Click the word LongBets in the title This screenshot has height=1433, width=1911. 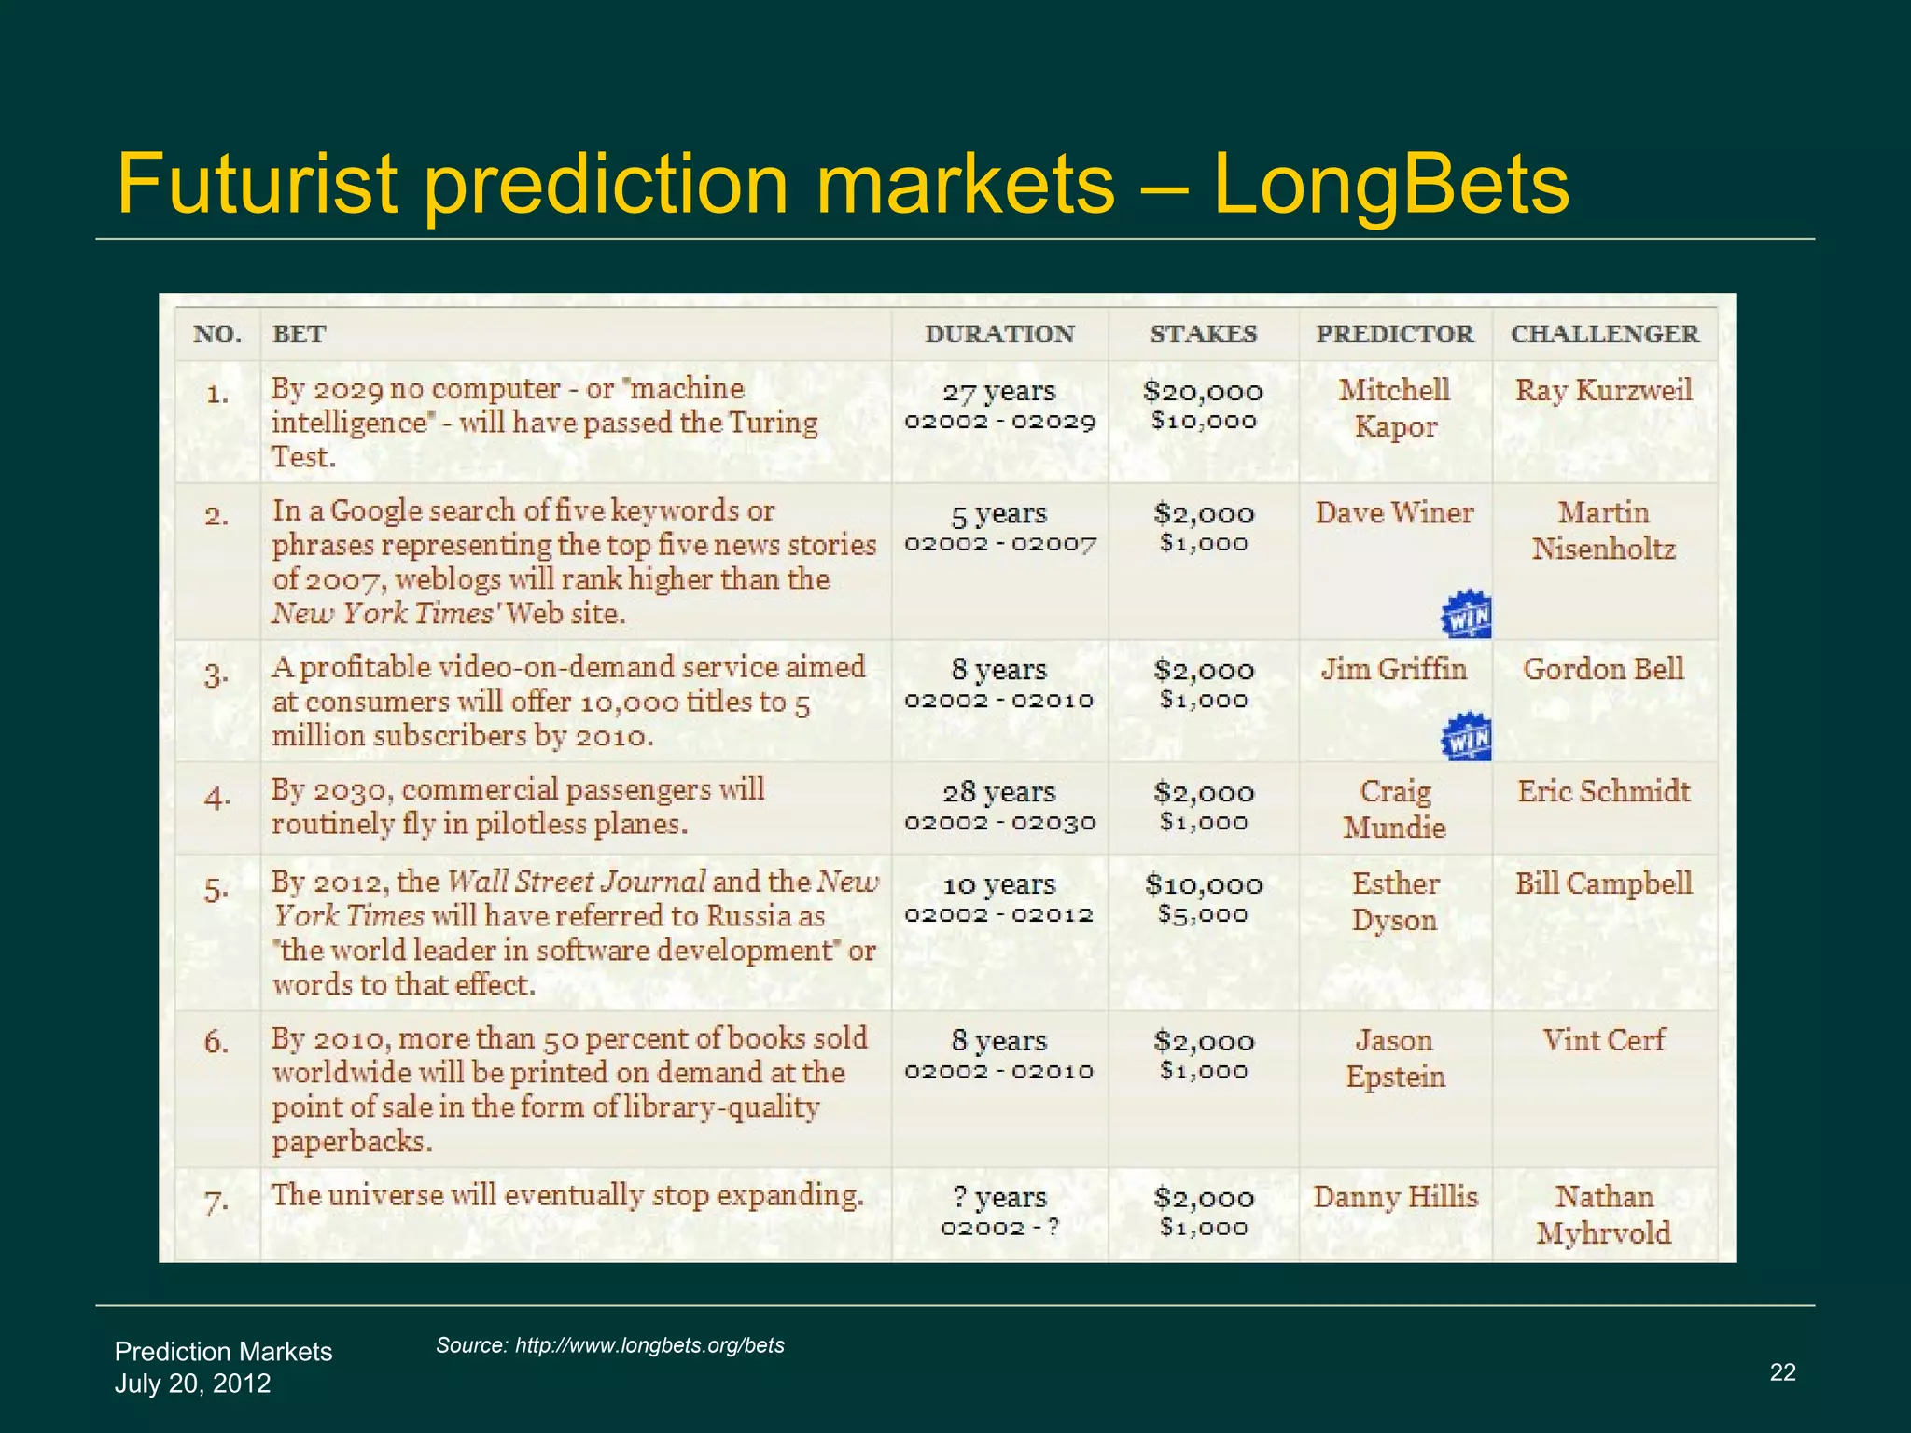[x=1390, y=185]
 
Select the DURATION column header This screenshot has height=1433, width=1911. [x=999, y=334]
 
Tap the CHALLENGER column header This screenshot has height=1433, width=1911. [x=1605, y=334]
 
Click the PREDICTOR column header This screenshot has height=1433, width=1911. [x=1395, y=334]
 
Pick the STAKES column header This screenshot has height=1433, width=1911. [x=1203, y=334]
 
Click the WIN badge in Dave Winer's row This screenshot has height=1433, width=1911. [x=1466, y=615]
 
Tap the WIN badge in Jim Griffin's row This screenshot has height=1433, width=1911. [x=1466, y=738]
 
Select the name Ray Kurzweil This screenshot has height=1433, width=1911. [x=1603, y=390]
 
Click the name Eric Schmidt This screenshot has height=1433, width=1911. [x=1603, y=791]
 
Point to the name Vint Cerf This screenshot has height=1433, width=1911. [x=1603, y=1039]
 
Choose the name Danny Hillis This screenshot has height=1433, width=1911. [x=1395, y=1196]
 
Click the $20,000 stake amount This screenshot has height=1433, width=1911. [x=1203, y=392]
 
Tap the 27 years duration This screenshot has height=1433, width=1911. [x=998, y=392]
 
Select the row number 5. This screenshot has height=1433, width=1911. [x=216, y=890]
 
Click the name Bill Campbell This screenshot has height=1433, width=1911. [x=1603, y=883]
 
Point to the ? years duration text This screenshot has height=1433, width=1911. [x=998, y=1197]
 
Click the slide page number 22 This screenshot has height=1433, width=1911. [x=1782, y=1371]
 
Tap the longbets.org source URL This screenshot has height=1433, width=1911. [x=649, y=1345]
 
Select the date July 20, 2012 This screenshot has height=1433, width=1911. [x=192, y=1383]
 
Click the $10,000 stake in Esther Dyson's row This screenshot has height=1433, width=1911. [x=1203, y=884]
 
